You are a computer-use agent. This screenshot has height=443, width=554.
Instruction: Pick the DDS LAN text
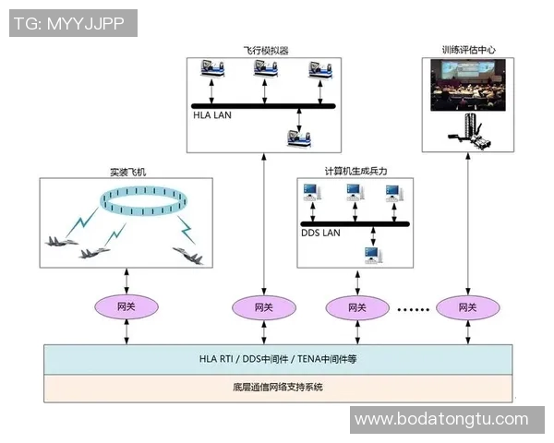click(320, 233)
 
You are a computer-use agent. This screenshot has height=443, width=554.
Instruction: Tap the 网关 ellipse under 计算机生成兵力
click(355, 306)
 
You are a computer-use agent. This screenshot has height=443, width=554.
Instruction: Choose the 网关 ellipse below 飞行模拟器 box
click(263, 306)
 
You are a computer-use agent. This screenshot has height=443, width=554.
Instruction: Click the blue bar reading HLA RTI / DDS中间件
click(278, 359)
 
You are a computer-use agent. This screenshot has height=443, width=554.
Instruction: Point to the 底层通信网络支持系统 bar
click(278, 387)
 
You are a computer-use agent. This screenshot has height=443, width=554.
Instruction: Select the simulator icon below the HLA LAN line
click(300, 137)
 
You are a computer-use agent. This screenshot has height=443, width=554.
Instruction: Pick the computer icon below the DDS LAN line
click(372, 253)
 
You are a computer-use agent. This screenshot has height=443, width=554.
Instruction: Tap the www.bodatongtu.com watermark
click(440, 420)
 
